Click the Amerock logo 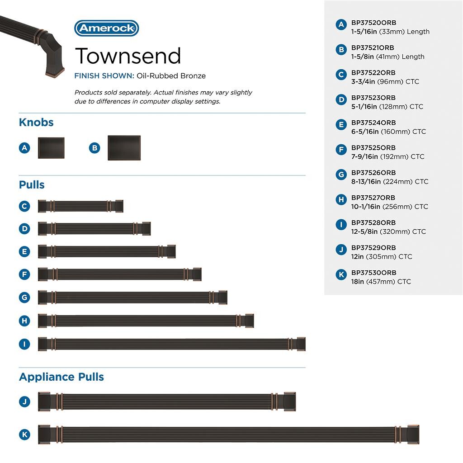pyautogui.click(x=106, y=28)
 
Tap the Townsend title pyautogui.click(x=128, y=56)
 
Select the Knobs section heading pyautogui.click(x=36, y=123)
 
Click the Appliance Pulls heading pyautogui.click(x=61, y=377)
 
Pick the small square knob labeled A pyautogui.click(x=51, y=148)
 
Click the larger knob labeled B pyautogui.click(x=124, y=148)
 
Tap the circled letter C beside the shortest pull pyautogui.click(x=25, y=206)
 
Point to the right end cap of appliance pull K pyautogui.click(x=413, y=435)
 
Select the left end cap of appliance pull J pyautogui.click(x=44, y=402)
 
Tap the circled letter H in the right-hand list pyautogui.click(x=341, y=199)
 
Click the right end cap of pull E pyautogui.click(x=171, y=251)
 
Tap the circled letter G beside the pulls pyautogui.click(x=25, y=298)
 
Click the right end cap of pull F pyautogui.click(x=197, y=274)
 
